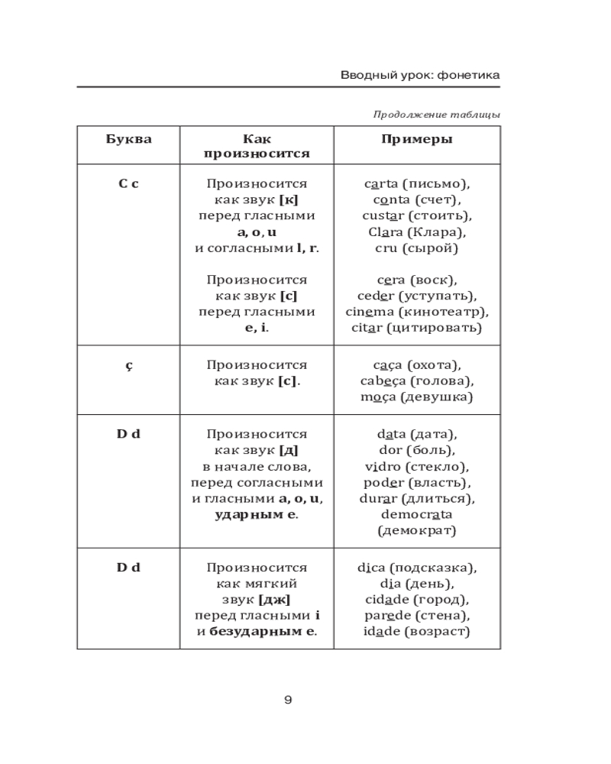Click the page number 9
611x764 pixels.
[288, 700]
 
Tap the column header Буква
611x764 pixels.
[128, 139]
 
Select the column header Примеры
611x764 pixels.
[416, 139]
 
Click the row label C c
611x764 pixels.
[128, 184]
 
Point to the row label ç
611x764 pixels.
[128, 366]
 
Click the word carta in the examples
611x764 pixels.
[382, 184]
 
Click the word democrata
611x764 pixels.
[416, 515]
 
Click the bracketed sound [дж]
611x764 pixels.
[274, 600]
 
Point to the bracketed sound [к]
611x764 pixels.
[289, 200]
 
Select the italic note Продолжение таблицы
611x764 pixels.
[437, 115]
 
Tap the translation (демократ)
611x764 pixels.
[416, 530]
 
